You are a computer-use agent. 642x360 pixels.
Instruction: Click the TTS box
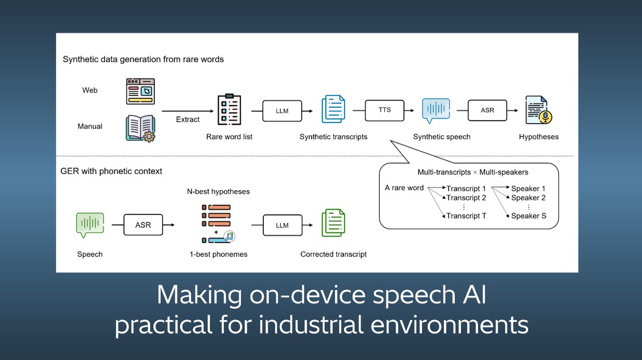[384, 110]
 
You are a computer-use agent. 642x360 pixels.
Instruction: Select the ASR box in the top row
[487, 110]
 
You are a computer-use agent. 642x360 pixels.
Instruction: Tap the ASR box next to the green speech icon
[143, 225]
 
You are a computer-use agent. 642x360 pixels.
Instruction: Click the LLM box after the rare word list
[282, 111]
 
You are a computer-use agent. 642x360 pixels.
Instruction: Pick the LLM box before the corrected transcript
[282, 225]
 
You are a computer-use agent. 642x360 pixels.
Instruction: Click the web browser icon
[140, 91]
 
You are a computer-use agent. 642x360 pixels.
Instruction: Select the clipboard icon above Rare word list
[229, 109]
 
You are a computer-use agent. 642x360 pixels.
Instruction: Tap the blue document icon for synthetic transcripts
[333, 109]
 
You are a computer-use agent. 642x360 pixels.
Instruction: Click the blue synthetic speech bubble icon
[436, 110]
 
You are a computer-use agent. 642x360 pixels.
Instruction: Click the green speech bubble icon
[90, 225]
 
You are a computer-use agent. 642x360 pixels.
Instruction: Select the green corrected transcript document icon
[333, 223]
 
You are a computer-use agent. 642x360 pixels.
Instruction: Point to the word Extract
[188, 119]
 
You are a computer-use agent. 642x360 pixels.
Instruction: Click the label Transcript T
[466, 216]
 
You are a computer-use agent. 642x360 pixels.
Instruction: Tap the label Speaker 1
[528, 189]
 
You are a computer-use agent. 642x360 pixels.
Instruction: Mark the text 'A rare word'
[404, 188]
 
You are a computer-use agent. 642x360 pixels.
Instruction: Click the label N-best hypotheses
[218, 192]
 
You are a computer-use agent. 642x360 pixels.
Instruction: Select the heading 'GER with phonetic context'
[111, 171]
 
